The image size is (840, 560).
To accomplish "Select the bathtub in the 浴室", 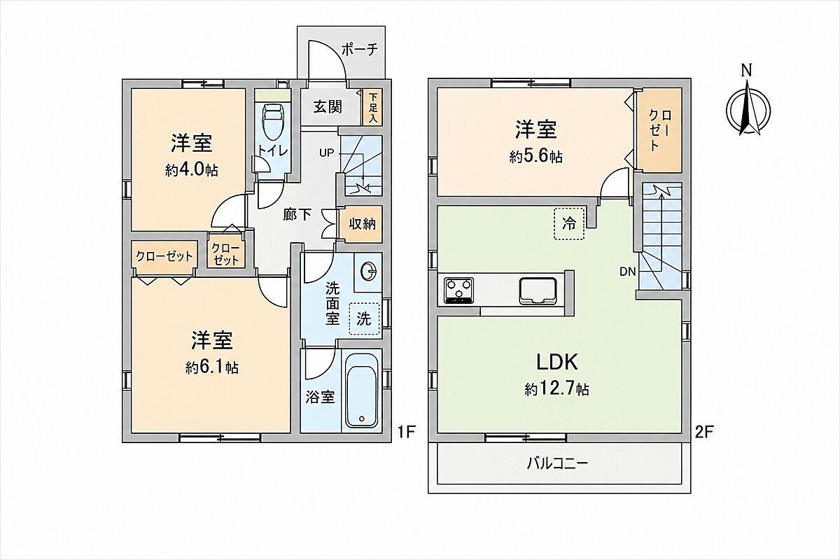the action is pyautogui.click(x=361, y=397).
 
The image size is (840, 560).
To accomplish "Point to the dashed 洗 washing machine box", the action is pyautogui.click(x=364, y=318).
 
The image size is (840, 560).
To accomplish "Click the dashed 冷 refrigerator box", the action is pyautogui.click(x=569, y=224).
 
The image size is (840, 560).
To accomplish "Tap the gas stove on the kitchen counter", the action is pyautogui.click(x=458, y=290).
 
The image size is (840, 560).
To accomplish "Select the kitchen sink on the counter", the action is pyautogui.click(x=538, y=290).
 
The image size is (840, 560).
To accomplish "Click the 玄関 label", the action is pyautogui.click(x=328, y=107).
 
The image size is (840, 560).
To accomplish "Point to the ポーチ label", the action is pyautogui.click(x=360, y=50).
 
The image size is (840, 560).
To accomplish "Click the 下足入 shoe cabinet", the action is pyautogui.click(x=373, y=108).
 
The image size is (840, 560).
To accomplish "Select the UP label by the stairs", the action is pyautogui.click(x=326, y=153).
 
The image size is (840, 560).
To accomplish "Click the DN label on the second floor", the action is pyautogui.click(x=628, y=272).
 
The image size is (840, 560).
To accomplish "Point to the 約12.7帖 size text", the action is pyautogui.click(x=556, y=390).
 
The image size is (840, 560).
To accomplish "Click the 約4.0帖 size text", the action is pyautogui.click(x=192, y=171).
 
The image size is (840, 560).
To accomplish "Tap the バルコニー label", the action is pyautogui.click(x=558, y=465).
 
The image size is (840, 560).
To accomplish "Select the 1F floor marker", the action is pyautogui.click(x=407, y=433).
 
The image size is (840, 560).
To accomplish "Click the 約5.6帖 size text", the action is pyautogui.click(x=536, y=157).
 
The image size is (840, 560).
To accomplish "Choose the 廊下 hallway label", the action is pyautogui.click(x=297, y=215).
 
